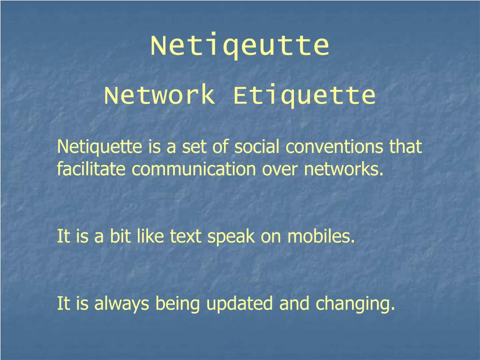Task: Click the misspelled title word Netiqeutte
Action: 240,45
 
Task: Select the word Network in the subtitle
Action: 159,96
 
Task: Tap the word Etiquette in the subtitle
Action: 304,96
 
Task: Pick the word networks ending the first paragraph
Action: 343,169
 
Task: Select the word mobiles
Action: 321,236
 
